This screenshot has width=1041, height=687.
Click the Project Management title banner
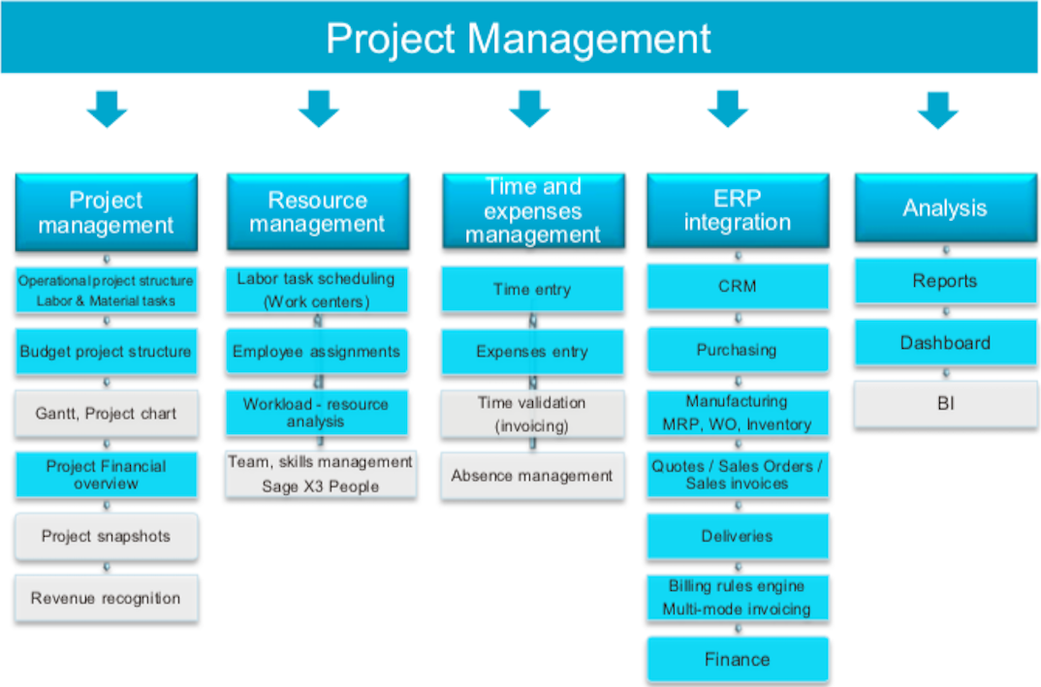tap(520, 37)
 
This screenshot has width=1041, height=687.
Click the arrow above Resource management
tap(319, 109)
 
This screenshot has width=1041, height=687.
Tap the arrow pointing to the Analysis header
tap(937, 110)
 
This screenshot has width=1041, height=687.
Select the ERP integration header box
tap(738, 211)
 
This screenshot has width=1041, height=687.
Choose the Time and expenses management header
tap(533, 211)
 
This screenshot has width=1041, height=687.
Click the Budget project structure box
tap(107, 352)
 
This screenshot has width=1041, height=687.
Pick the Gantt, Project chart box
tap(107, 414)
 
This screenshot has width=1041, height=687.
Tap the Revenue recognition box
tap(107, 598)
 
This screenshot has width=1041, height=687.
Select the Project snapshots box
tap(107, 536)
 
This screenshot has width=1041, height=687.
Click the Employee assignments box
tap(317, 351)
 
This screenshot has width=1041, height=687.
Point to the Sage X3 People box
tap(321, 475)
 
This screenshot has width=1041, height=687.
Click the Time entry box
tap(532, 290)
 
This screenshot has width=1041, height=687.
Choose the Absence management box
tap(532, 476)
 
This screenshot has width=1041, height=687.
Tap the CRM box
tap(738, 287)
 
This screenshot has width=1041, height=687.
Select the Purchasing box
tap(738, 350)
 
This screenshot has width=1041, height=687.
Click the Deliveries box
tap(738, 536)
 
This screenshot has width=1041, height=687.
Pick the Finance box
tap(738, 659)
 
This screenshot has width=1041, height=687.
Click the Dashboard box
tap(945, 343)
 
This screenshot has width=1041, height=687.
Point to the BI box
tap(946, 403)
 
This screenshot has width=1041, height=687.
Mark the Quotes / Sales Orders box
tap(738, 475)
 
